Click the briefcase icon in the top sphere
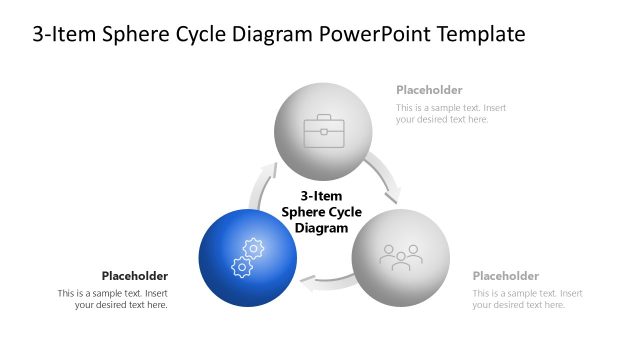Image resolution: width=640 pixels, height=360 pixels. [323, 131]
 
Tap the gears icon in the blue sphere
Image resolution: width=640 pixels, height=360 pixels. [247, 258]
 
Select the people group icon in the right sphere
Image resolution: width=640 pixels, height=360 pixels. [400, 257]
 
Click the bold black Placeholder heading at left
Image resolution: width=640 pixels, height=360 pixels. [135, 276]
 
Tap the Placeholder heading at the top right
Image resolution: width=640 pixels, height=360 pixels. [429, 90]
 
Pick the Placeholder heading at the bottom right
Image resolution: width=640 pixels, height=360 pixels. [506, 276]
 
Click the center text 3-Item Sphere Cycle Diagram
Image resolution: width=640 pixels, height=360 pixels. [321, 212]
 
